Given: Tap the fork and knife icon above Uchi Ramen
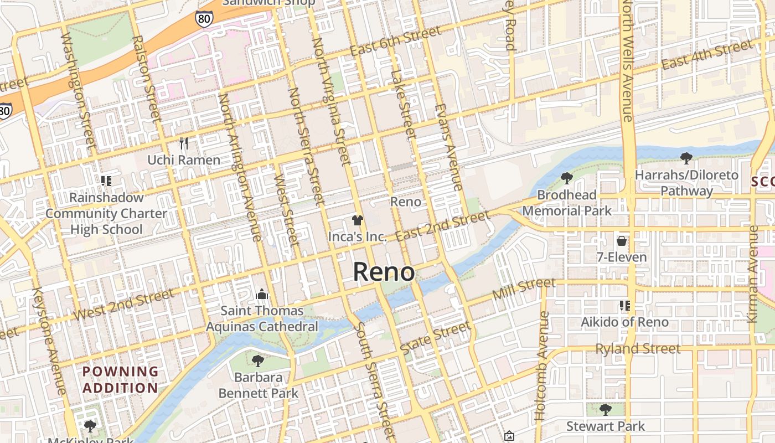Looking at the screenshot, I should pyautogui.click(x=184, y=143).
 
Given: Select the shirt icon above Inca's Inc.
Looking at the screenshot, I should pyautogui.click(x=357, y=220).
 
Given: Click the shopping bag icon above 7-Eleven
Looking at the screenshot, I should pyautogui.click(x=622, y=241).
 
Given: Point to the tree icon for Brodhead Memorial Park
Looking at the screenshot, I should pyautogui.click(x=566, y=178).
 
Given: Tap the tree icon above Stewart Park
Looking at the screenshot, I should pyautogui.click(x=605, y=410).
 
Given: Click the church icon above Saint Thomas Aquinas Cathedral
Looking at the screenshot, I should pyautogui.click(x=262, y=293).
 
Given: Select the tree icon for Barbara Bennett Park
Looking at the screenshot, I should pyautogui.click(x=257, y=361).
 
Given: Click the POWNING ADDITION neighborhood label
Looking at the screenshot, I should pyautogui.click(x=120, y=379).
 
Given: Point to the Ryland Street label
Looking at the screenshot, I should pyautogui.click(x=638, y=349).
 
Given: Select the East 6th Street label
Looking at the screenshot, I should pyautogui.click(x=396, y=42).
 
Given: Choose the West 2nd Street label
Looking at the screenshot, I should pyautogui.click(x=123, y=305).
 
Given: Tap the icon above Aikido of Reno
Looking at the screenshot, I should pyautogui.click(x=625, y=305).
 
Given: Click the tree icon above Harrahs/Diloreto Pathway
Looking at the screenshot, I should pyautogui.click(x=686, y=158).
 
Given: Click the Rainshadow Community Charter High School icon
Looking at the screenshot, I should pyautogui.click(x=106, y=181).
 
